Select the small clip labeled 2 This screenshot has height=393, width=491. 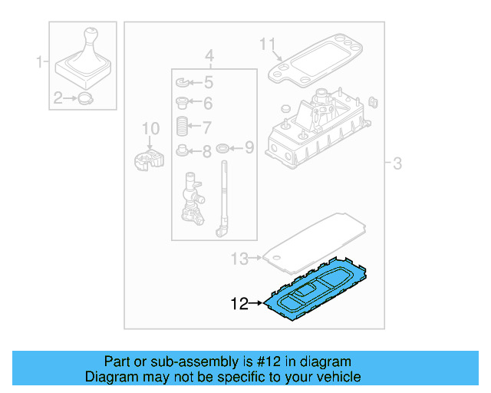click(x=85, y=97)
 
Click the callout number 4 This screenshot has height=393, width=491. click(x=209, y=56)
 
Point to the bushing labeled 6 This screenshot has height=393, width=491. click(x=183, y=104)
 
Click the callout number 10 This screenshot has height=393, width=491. click(x=150, y=128)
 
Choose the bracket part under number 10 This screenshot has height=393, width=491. click(x=149, y=159)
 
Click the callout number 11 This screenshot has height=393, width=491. click(x=266, y=44)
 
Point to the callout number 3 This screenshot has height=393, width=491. click(x=397, y=163)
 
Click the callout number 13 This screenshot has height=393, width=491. click(x=239, y=259)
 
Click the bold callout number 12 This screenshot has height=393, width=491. click(x=239, y=305)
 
